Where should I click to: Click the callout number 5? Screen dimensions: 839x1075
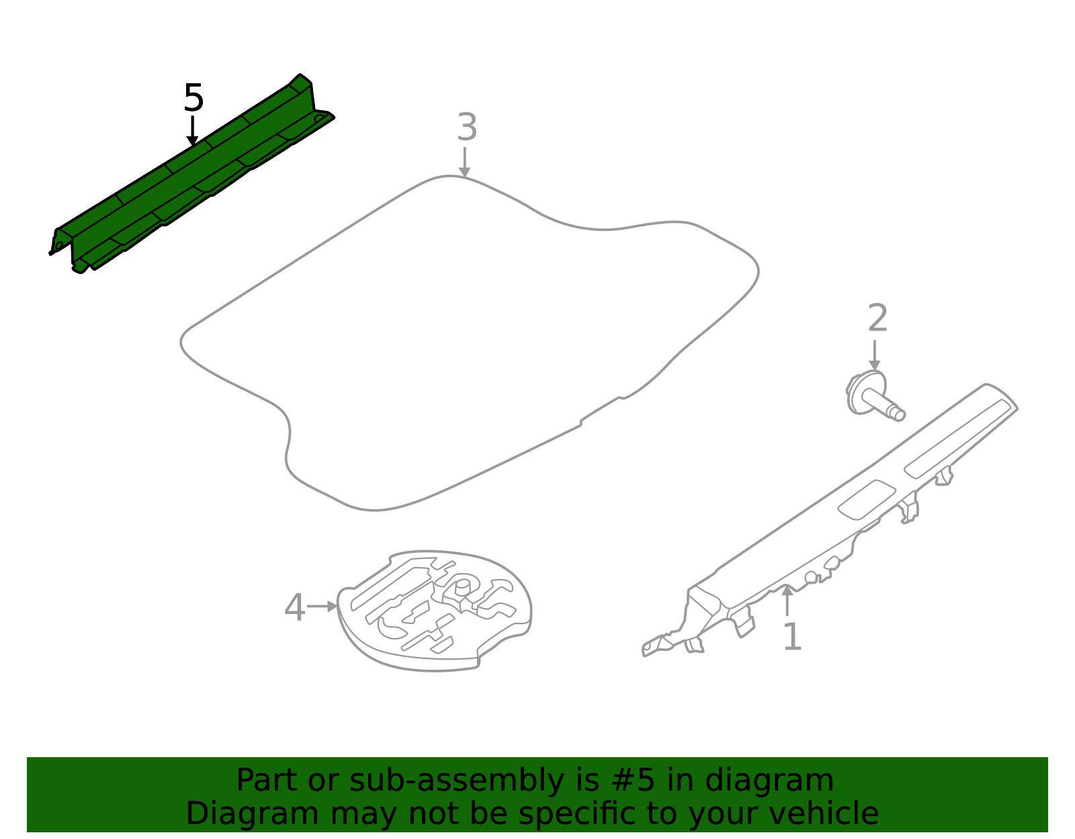point(193,98)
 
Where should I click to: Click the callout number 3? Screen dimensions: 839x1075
point(467,128)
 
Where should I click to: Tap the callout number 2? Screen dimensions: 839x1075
point(877,318)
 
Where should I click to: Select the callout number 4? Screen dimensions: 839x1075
point(294,608)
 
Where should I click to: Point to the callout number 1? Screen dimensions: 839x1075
point(792,637)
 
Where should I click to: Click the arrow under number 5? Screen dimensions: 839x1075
point(193,131)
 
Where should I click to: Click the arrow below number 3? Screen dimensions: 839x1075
point(464,162)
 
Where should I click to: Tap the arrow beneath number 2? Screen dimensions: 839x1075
point(875,355)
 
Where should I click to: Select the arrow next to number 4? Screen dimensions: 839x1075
point(322,607)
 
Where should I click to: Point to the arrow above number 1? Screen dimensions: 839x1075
point(787,600)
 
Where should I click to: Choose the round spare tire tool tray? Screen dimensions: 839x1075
point(435,610)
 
